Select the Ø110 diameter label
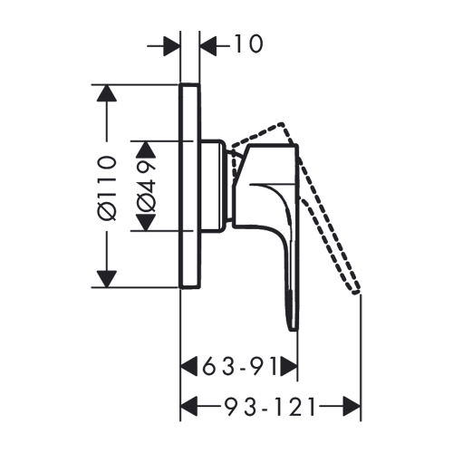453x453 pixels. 107,186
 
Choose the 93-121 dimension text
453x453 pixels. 262,407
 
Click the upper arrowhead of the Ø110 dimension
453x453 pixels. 107,93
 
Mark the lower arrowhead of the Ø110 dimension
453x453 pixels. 107,278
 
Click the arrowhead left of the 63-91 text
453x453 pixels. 190,367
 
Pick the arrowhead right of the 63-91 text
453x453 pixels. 288,367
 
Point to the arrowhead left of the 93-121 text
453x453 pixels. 190,407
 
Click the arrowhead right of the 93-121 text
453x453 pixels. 352,407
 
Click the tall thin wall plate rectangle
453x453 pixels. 190,186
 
